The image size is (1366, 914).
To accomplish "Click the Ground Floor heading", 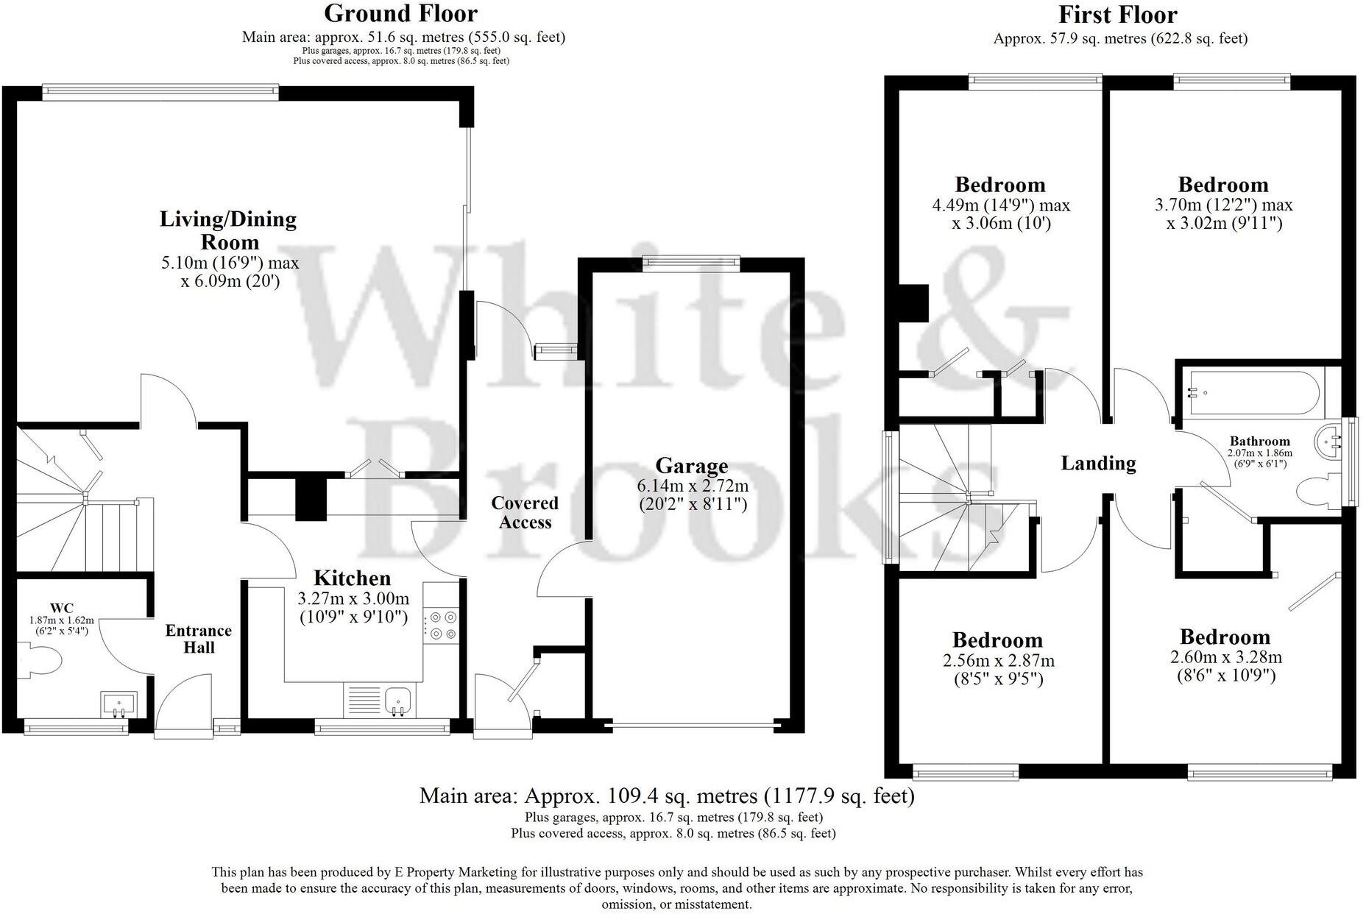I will pos(400,13).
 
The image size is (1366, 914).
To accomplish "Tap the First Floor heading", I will pos(1117,15).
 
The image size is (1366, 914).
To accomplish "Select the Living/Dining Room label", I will pos(229,230).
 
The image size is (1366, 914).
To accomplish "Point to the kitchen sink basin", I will pos(397,699).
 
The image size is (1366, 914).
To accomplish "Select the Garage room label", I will pos(691,465).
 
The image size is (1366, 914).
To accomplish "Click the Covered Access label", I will pos(525,512).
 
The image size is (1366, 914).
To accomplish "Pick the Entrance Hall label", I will pos(198,639).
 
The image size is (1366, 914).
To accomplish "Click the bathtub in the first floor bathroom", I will pos(1251,392).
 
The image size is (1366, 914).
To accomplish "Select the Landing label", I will pos(1098,463).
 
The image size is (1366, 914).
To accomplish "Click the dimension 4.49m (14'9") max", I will pos(1001,205).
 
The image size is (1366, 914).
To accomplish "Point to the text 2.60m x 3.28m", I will pos(1225,656).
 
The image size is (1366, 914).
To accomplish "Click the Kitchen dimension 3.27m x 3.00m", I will pos(354,598).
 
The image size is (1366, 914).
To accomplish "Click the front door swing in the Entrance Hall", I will pos(184,703).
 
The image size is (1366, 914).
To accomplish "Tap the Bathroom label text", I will pos(1259,442).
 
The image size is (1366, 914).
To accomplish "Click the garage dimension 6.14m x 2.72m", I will pos(693,486).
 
